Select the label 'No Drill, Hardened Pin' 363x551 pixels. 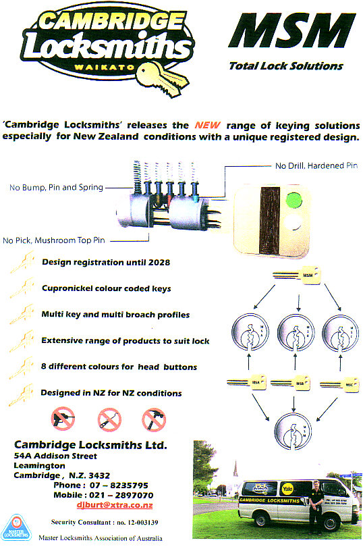pos(316,166)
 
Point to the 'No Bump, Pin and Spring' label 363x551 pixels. pos(56,187)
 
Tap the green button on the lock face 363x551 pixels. pos(293,201)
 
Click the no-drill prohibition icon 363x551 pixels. pos(63,419)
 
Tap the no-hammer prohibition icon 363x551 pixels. pos(155,419)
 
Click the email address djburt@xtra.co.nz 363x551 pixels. pos(114,505)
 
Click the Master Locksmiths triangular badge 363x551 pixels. pos(22,527)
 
